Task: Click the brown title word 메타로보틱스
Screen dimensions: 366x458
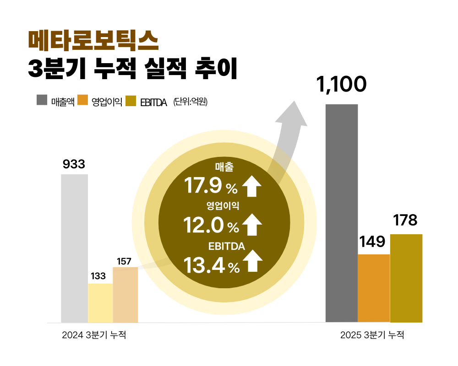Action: coord(93,41)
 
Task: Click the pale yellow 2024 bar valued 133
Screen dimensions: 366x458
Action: coord(100,303)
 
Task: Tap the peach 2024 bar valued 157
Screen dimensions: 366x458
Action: coord(125,295)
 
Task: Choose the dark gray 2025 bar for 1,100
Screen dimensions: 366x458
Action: coord(341,213)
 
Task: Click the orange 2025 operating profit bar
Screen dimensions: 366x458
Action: coord(373,288)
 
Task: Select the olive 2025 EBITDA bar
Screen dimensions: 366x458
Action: coord(406,278)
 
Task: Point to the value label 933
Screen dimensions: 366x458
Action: coord(74,164)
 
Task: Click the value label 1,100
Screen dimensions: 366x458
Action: coord(341,85)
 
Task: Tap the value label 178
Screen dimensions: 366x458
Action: coord(405,221)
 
